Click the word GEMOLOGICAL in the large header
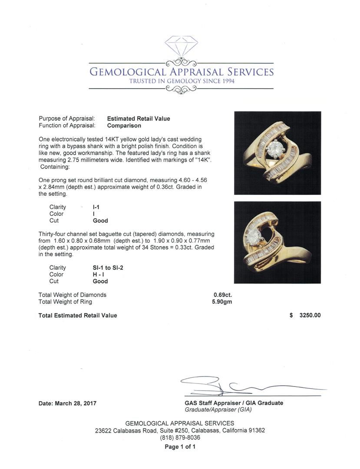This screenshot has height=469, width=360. [x=128, y=72]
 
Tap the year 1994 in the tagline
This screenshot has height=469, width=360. [x=226, y=81]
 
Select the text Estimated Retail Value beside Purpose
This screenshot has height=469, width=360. [x=139, y=119]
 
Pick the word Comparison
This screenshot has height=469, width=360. [x=124, y=126]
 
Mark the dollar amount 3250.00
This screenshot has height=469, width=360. [x=310, y=315]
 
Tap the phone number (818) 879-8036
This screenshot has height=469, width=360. [x=180, y=438]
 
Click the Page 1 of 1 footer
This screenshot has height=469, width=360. [x=180, y=446]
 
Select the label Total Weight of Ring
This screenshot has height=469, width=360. [x=65, y=302]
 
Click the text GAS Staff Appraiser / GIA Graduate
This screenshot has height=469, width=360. [x=234, y=403]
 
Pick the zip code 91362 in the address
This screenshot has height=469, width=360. [x=253, y=430]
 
